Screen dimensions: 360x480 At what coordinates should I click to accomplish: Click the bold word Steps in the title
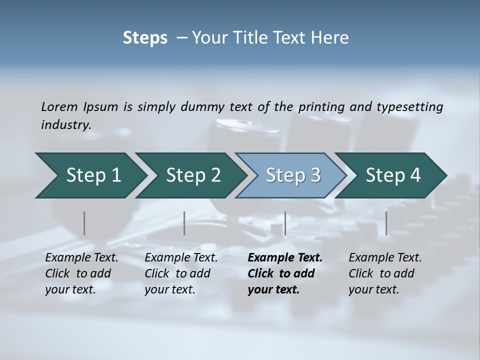(x=145, y=38)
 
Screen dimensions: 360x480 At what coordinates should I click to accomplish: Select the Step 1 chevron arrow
(x=90, y=175)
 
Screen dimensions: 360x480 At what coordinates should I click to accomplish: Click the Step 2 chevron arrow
(x=191, y=175)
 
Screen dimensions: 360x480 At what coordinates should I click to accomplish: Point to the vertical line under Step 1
(x=84, y=223)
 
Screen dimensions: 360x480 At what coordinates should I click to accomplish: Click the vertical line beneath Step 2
(x=184, y=223)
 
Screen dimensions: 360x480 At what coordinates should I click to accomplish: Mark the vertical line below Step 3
(x=285, y=223)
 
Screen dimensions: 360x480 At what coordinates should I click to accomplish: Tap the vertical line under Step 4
(x=386, y=223)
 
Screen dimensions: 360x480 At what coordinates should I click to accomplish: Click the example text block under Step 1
(x=81, y=273)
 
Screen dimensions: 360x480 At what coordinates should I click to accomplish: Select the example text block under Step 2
(x=181, y=273)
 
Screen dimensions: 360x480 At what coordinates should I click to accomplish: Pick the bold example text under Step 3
(x=285, y=273)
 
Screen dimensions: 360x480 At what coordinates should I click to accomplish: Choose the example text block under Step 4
(x=385, y=273)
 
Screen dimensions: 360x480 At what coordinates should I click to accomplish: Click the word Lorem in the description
(x=59, y=106)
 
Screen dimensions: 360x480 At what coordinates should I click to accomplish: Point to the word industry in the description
(x=66, y=124)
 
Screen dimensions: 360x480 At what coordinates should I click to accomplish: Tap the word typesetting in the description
(x=409, y=106)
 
